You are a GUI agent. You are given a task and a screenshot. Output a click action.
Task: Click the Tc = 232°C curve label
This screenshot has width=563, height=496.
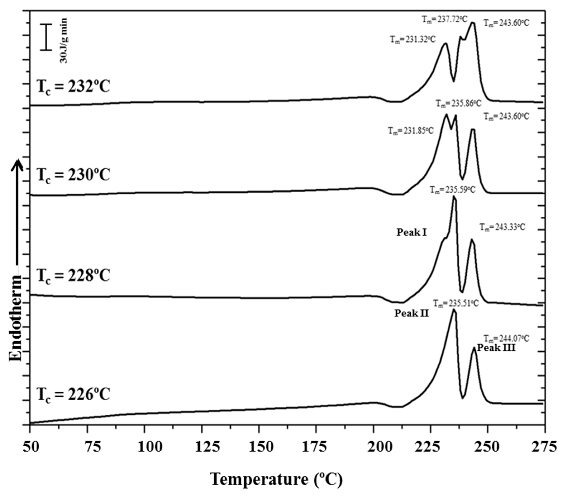tap(73, 87)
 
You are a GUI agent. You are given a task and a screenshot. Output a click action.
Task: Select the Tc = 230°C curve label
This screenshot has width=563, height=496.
tap(73, 175)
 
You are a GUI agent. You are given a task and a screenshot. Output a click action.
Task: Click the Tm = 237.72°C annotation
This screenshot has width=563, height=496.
tap(445, 19)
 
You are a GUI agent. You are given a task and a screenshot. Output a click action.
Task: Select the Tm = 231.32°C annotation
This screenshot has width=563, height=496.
tap(413, 39)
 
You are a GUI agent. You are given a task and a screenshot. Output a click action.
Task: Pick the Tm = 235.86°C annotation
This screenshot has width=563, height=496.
tap(459, 103)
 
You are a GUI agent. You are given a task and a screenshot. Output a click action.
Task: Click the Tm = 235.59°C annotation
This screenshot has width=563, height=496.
tap(453, 190)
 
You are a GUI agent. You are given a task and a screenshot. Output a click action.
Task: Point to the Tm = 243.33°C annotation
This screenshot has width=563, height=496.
tap(502, 227)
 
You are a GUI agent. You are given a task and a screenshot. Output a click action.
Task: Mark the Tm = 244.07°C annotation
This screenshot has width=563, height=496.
tap(506, 338)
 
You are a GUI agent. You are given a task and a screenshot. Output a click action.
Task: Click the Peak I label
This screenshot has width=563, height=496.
tap(412, 232)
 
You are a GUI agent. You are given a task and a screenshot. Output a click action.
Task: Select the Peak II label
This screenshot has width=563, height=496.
tap(412, 313)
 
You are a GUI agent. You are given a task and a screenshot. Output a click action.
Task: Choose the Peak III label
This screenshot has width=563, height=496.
tap(496, 348)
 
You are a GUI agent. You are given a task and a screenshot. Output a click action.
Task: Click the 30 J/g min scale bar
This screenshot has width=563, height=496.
tap(46, 37)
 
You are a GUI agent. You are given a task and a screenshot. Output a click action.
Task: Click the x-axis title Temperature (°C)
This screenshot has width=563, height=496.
tap(276, 479)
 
